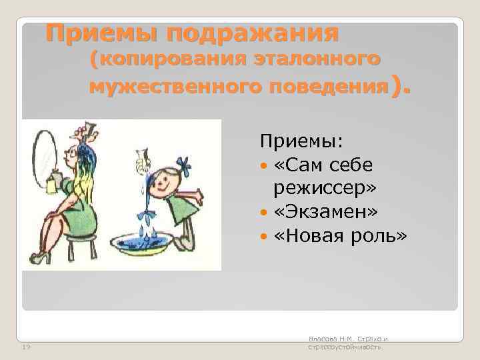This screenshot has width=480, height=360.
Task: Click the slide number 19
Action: [27, 347]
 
